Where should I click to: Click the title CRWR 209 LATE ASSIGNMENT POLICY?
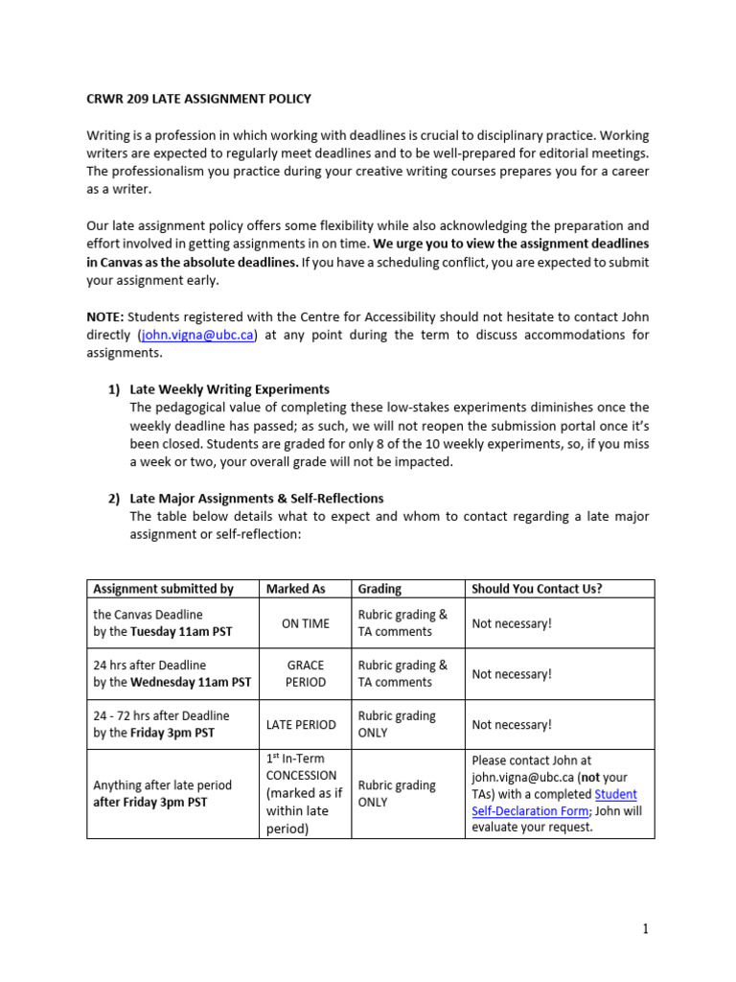coord(198,99)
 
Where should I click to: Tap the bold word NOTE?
coord(105,317)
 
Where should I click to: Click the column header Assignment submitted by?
coord(163,589)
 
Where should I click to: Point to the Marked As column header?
coord(296,589)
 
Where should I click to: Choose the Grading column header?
coord(379,589)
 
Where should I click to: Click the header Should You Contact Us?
coord(537,589)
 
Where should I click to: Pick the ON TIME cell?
coord(305,623)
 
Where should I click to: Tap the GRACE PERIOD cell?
coord(305,673)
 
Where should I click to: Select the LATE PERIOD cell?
coord(301,724)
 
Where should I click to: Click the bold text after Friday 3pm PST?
coord(153,803)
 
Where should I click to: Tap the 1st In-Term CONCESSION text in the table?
coord(301,767)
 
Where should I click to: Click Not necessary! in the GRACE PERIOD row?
coord(512,674)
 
